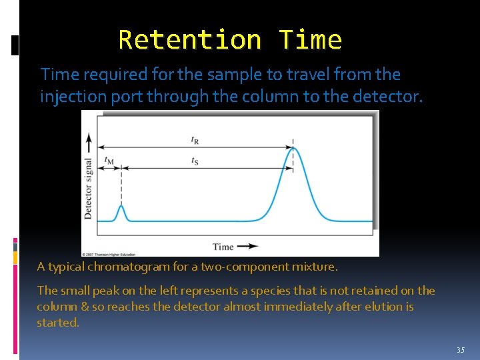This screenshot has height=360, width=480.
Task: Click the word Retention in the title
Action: point(189,40)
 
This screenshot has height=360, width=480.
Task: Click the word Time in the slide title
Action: point(310,40)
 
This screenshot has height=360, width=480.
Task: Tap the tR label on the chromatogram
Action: point(195,140)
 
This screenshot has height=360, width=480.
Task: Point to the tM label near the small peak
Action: point(109,160)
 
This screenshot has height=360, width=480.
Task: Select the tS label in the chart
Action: point(195,161)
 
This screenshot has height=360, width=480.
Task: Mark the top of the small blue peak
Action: point(121,207)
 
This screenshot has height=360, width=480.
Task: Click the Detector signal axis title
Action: point(88,188)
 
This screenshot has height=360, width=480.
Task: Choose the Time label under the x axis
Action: point(223,247)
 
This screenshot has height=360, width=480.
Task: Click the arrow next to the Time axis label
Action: point(247,246)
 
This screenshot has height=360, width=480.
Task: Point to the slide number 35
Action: point(461,350)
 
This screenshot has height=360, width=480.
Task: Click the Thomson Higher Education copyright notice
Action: point(110,254)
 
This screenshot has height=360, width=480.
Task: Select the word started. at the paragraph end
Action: point(58,323)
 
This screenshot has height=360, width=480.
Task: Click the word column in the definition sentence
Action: point(256,97)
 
